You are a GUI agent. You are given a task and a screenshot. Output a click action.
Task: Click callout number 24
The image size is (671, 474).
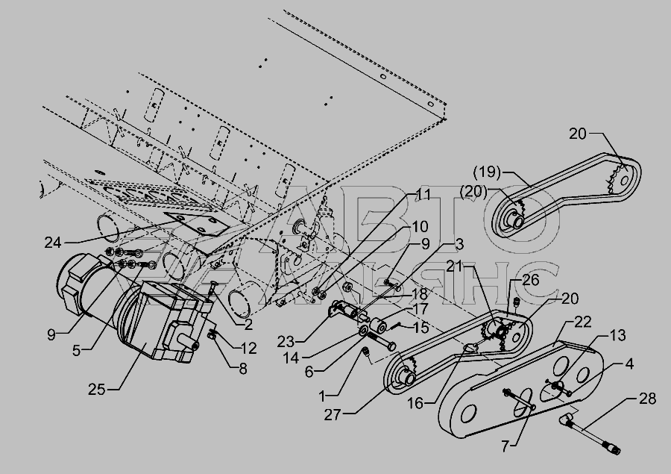pos(53,243)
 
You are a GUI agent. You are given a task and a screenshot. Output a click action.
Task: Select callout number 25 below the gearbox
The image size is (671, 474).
pos(97,389)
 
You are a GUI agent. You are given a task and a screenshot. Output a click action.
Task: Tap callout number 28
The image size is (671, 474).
pos(647,399)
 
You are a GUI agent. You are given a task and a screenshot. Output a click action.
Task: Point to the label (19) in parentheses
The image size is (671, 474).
pos(487,172)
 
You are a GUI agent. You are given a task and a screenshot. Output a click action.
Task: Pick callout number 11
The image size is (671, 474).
pos(423,195)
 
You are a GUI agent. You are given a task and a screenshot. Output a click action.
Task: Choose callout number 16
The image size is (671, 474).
pos(415,403)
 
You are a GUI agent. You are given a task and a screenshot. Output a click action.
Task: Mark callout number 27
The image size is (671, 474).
pos(333,415)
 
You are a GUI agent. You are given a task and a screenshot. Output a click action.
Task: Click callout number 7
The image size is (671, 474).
pos(505,446)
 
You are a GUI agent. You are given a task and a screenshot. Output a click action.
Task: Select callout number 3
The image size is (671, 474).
pos(459,244)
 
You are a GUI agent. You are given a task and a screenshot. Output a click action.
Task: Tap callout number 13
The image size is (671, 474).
pos(617,336)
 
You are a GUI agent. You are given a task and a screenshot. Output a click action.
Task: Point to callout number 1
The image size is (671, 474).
pos(322,396)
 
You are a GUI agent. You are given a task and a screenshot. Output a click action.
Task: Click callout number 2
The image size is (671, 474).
pos(248,325)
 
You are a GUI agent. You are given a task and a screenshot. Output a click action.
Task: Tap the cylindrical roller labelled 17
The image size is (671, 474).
pos(378,327)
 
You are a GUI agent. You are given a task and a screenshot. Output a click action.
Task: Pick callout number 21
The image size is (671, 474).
pos(455,266)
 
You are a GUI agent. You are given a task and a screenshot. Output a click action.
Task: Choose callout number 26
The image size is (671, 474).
pos(531,280)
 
